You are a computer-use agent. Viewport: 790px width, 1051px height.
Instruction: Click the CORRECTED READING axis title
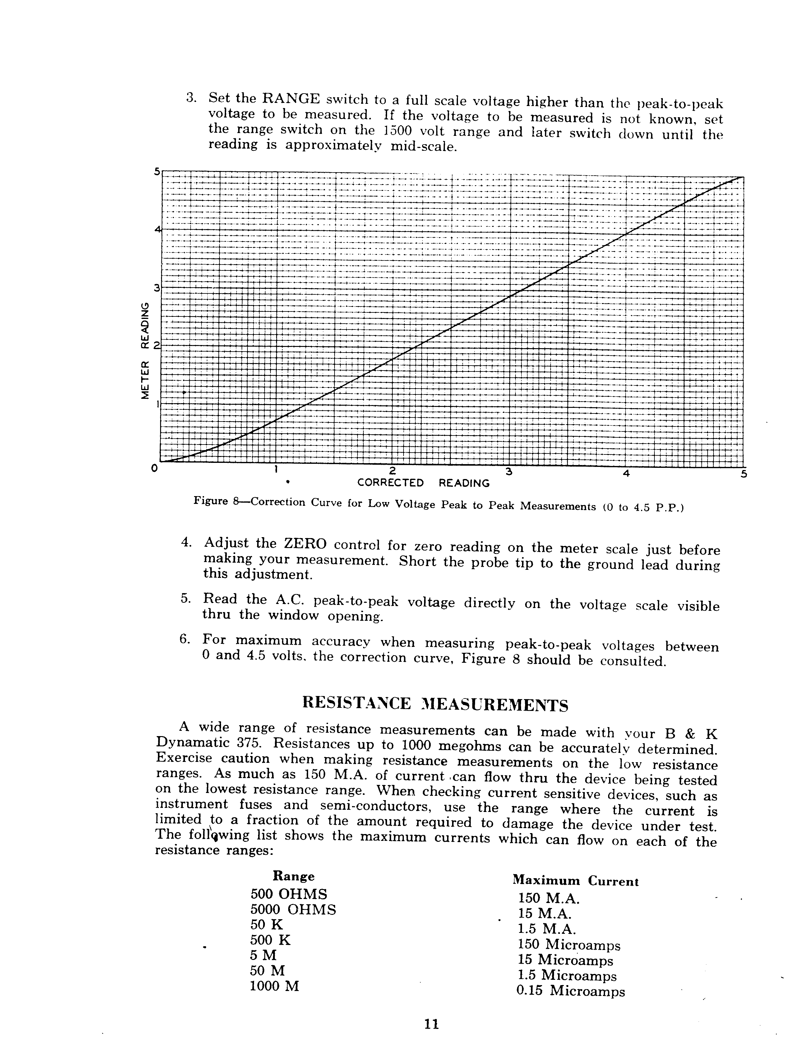(423, 483)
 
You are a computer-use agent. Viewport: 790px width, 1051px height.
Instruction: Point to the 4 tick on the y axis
(157, 229)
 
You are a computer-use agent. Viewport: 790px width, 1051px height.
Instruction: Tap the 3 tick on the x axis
(509, 472)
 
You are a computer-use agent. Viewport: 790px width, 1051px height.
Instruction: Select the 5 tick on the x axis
(744, 474)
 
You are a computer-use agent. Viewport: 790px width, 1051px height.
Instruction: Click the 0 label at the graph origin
(154, 468)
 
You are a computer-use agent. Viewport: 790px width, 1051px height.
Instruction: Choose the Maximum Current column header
(575, 881)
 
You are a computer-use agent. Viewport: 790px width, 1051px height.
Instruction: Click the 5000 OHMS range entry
(293, 910)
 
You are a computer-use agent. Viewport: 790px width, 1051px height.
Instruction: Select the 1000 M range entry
(274, 986)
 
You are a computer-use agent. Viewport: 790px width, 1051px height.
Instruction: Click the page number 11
(432, 1023)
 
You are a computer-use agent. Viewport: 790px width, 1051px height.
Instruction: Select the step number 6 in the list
(184, 639)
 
